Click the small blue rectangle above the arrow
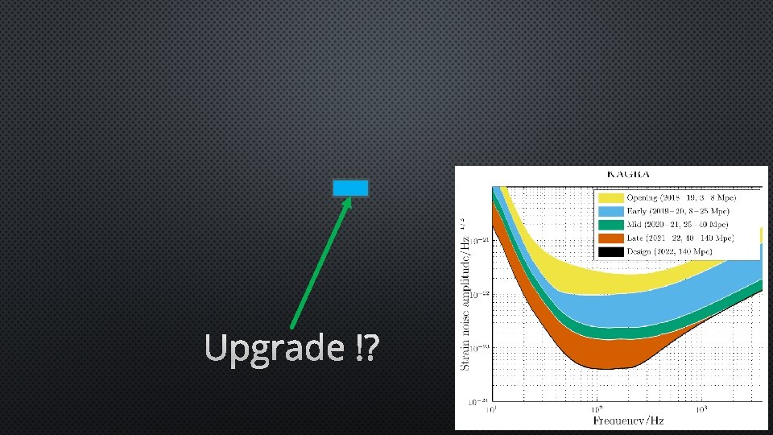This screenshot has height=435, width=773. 351,188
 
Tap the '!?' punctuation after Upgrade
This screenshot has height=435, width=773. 367,348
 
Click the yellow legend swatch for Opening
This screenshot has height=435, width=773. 611,197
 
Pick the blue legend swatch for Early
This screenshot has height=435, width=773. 611,211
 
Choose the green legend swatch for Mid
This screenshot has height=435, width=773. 611,225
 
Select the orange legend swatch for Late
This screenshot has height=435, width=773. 611,238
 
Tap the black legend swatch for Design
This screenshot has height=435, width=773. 611,252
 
